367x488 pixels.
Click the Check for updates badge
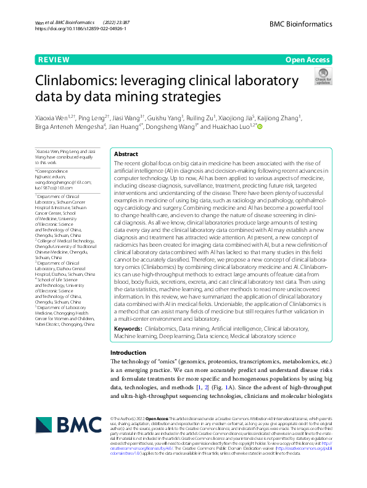[323, 77]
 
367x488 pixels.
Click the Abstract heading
[126, 154]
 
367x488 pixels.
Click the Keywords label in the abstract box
[128, 329]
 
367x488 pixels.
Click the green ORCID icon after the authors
[259, 127]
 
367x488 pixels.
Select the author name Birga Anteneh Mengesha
[70, 127]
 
